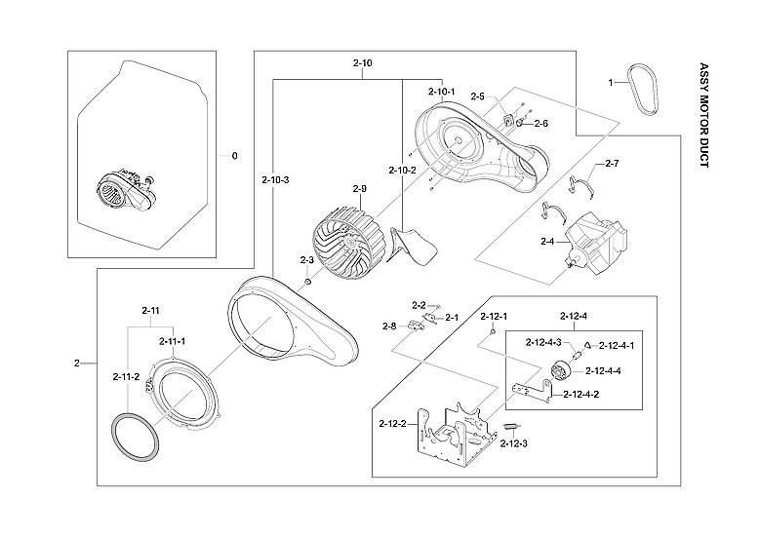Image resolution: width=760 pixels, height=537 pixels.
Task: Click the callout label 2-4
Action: (x=547, y=241)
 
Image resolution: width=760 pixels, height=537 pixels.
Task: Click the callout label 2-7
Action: (x=612, y=163)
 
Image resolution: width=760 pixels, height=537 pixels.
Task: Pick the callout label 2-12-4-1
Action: (x=617, y=345)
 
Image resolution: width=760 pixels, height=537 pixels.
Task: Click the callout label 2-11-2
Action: (x=126, y=376)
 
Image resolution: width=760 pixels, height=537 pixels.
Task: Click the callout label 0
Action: (x=233, y=156)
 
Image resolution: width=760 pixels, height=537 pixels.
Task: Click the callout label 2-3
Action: (x=306, y=260)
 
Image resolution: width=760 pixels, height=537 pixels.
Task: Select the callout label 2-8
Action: (x=388, y=326)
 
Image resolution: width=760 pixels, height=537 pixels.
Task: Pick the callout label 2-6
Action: (x=540, y=124)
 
